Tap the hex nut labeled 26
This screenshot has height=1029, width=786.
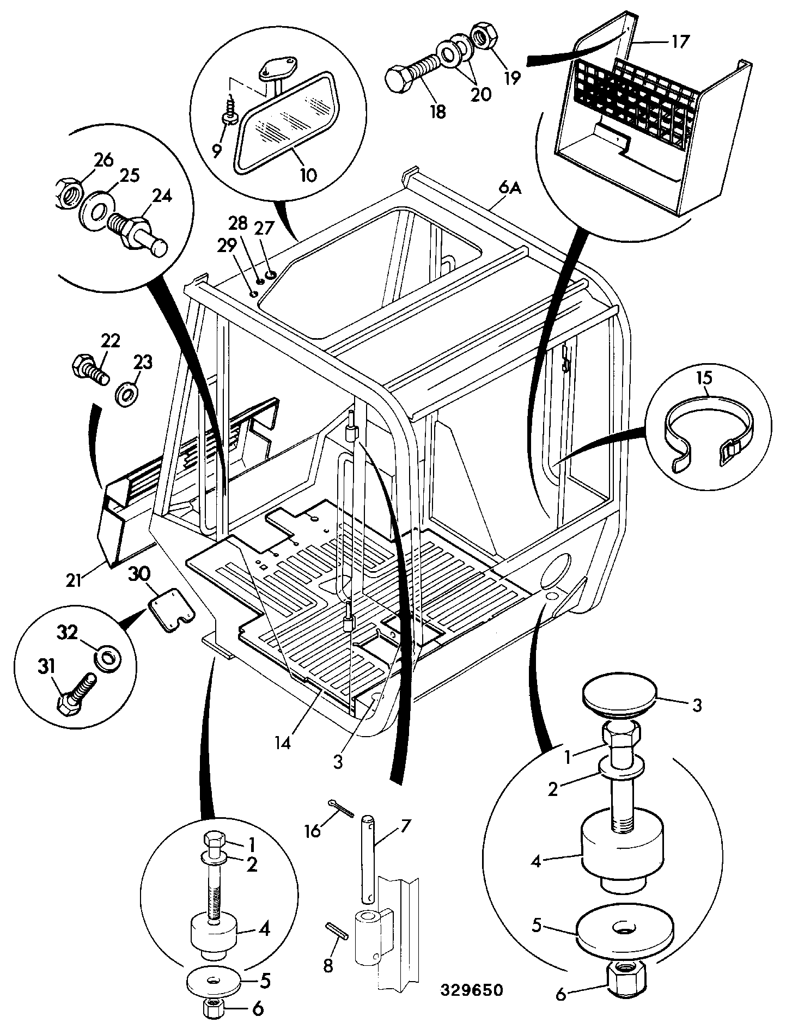(70, 192)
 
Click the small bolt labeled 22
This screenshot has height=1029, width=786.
(90, 369)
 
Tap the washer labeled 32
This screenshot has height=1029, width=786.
(107, 658)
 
